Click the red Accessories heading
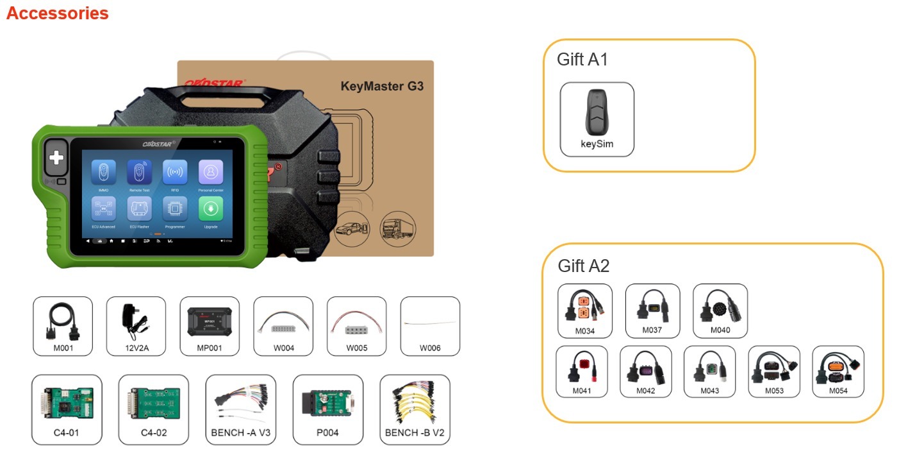pyautogui.click(x=57, y=13)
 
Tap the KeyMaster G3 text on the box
pyautogui.click(x=382, y=86)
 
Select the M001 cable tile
pyautogui.click(x=63, y=326)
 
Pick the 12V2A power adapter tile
pyautogui.click(x=136, y=326)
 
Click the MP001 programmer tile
pyautogui.click(x=210, y=326)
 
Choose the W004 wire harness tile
pyautogui.click(x=283, y=326)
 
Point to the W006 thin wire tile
pyautogui.click(x=430, y=326)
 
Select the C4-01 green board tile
pyautogui.click(x=67, y=409)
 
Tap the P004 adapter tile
pyautogui.click(x=327, y=409)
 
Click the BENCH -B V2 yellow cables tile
pyautogui.click(x=415, y=409)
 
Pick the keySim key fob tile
pyautogui.click(x=597, y=119)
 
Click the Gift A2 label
pyautogui.click(x=583, y=266)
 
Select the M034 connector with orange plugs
pyautogui.click(x=585, y=311)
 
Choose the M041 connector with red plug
pyautogui.click(x=582, y=371)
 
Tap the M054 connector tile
pyautogui.click(x=838, y=371)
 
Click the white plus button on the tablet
pyautogui.click(x=56, y=158)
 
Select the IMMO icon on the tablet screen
pyautogui.click(x=103, y=172)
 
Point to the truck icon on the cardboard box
pyautogui.click(x=397, y=229)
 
